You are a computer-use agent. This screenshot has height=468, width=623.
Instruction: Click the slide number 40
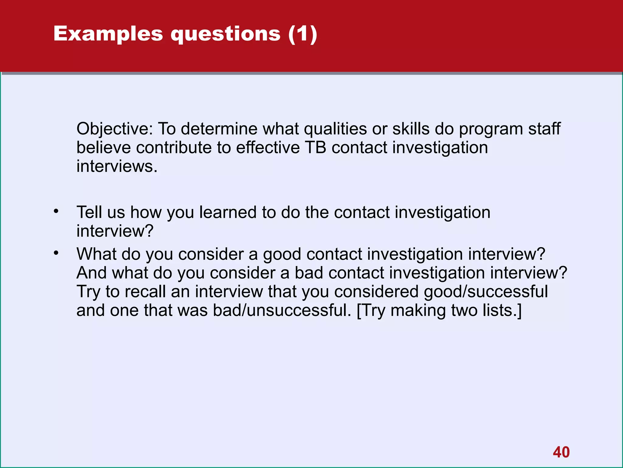tap(561, 452)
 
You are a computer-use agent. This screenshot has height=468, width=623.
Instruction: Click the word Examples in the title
tap(108, 34)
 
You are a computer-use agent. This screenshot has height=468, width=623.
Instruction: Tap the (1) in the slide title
tap(303, 34)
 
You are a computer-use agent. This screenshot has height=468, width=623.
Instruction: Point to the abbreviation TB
tap(315, 148)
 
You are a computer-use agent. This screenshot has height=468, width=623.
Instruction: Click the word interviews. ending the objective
tap(117, 167)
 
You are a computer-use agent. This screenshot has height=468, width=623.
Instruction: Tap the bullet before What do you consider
tap(56, 253)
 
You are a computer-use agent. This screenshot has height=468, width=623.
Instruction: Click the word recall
tap(145, 292)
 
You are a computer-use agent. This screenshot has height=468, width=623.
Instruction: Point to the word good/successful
tap(486, 292)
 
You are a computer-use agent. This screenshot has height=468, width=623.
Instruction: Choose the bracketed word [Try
tap(371, 311)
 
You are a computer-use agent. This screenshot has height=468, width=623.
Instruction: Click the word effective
tap(268, 148)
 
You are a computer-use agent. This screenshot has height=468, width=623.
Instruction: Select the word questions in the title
tap(225, 34)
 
